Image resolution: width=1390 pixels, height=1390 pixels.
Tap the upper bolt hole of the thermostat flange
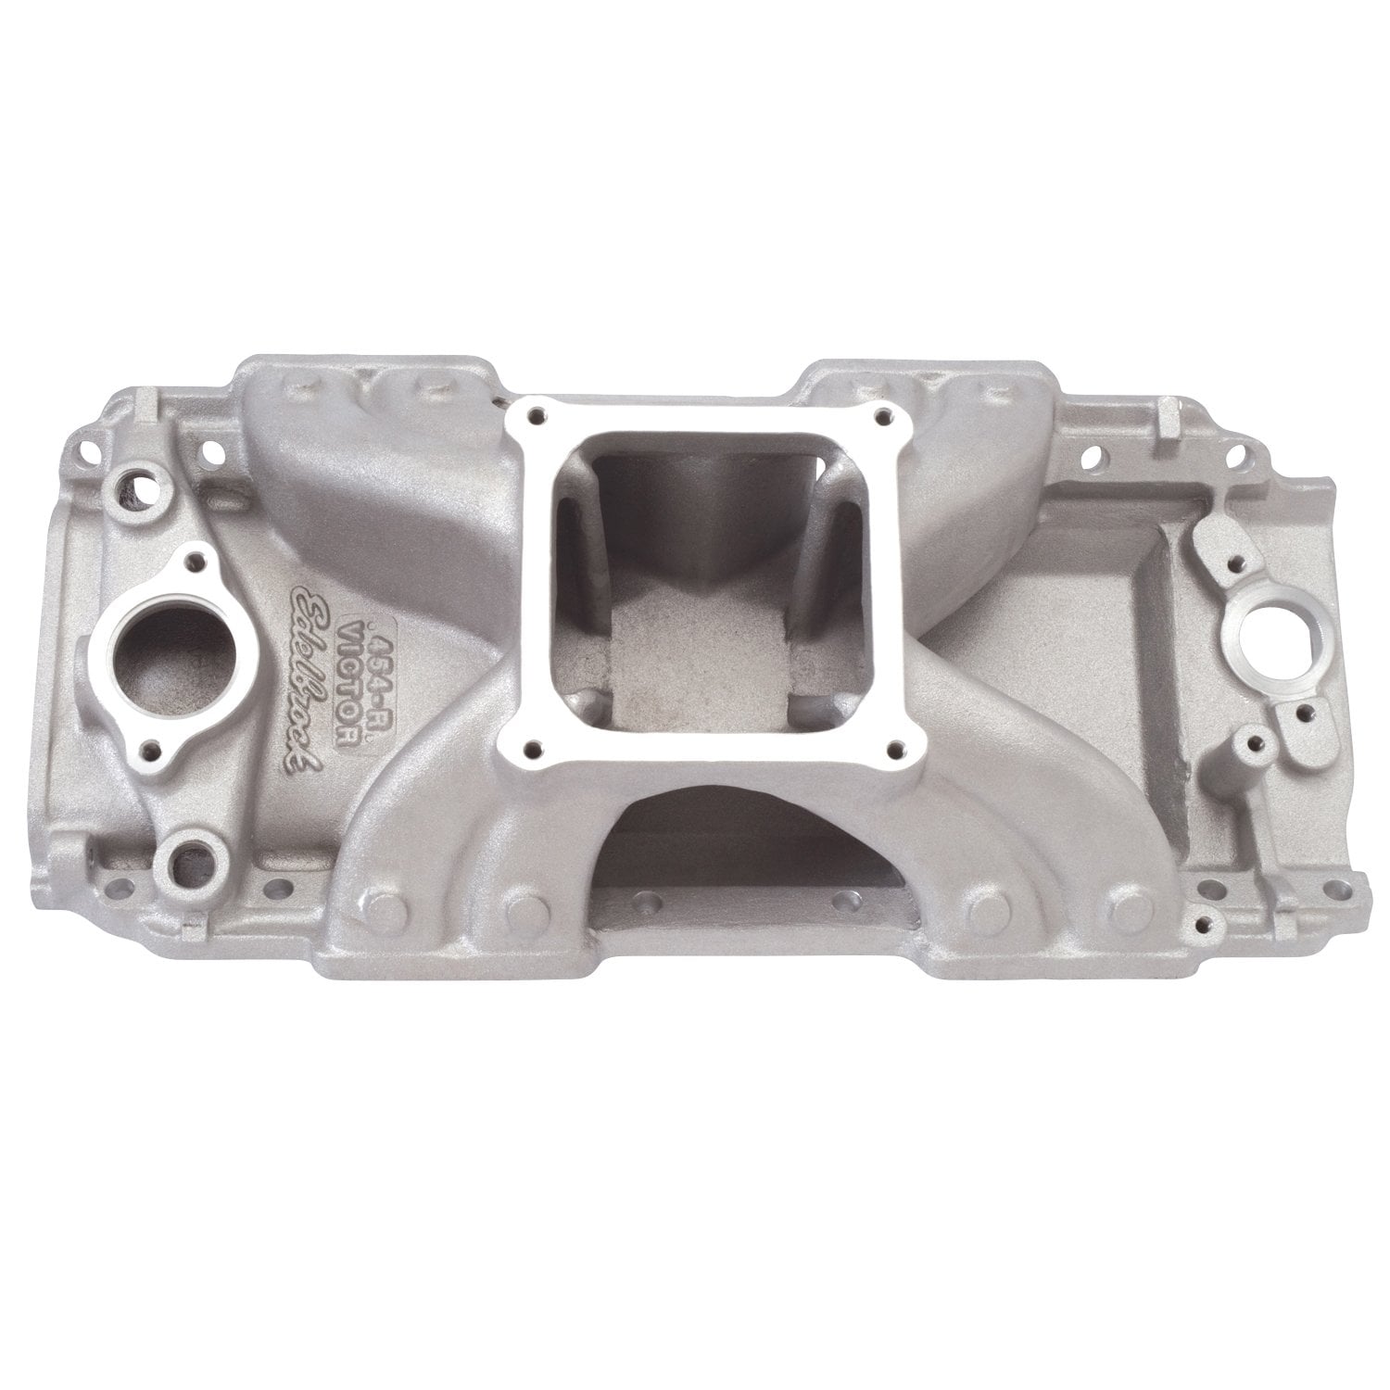[196, 558]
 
